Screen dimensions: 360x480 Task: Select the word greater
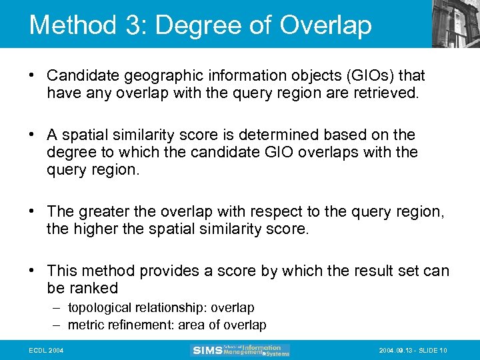[x=104, y=211]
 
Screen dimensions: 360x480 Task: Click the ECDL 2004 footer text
[x=46, y=350]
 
